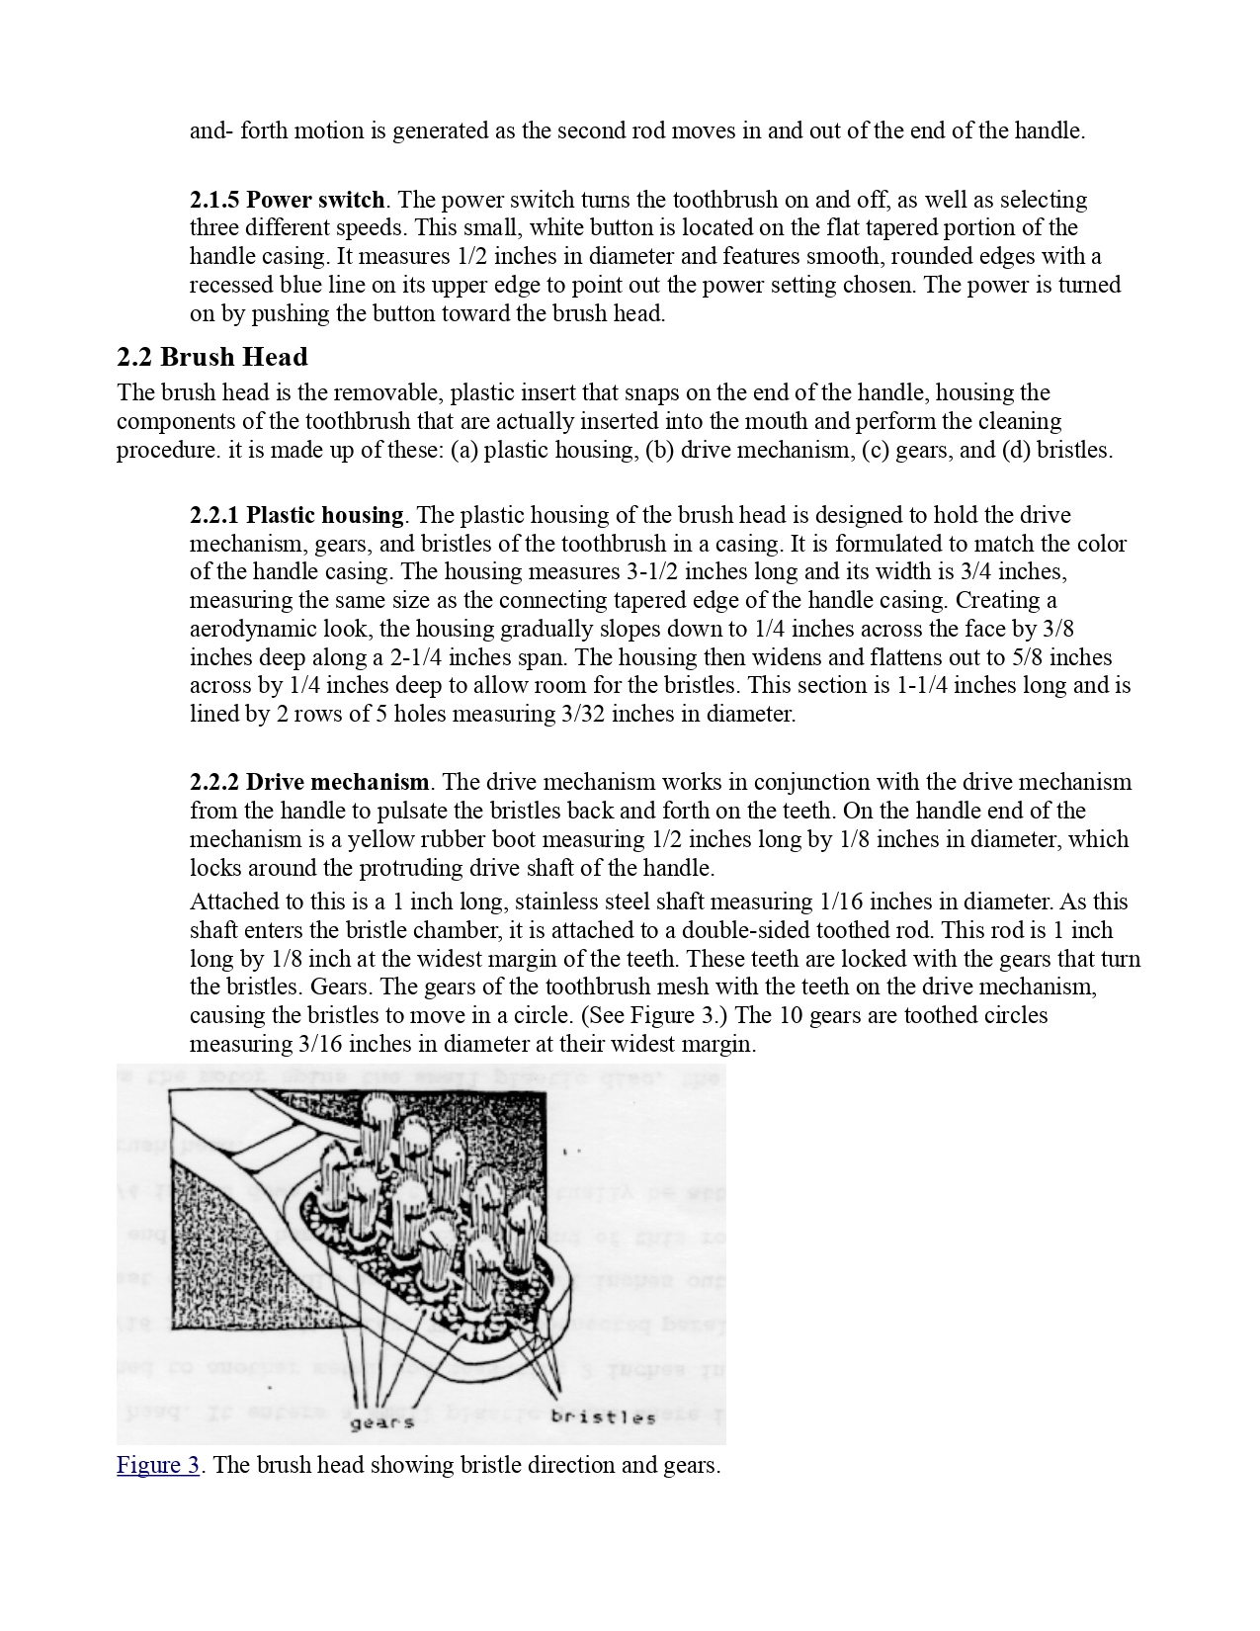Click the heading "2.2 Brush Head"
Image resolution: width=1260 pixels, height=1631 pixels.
click(211, 358)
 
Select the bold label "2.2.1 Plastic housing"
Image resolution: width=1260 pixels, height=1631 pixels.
click(296, 516)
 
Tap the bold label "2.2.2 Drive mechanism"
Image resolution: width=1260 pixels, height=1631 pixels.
click(309, 783)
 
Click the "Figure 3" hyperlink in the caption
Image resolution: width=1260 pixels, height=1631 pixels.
click(158, 1465)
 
